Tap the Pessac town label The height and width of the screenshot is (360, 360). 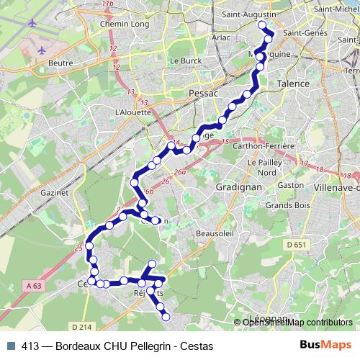(x=201, y=94)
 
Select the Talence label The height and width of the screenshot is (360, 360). (x=294, y=84)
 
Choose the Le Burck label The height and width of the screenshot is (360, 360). (x=188, y=62)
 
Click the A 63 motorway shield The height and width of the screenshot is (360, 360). (x=33, y=286)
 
